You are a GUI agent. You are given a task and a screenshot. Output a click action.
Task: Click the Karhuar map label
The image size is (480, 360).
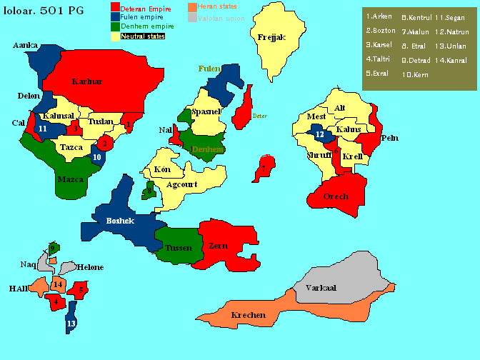point(87,82)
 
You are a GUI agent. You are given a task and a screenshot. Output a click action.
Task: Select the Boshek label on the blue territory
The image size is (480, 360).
point(120,221)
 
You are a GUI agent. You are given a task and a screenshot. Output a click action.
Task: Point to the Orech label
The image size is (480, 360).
point(336,197)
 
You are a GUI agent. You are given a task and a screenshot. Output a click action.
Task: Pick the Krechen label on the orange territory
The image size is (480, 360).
point(249,315)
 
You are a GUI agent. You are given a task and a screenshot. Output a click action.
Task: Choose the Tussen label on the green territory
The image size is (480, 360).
point(179,248)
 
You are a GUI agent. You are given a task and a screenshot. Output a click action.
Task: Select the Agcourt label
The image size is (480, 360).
point(181,184)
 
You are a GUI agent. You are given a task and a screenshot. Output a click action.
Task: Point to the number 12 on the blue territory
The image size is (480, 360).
point(320,134)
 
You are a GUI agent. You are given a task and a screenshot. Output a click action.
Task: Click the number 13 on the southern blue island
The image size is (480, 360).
point(71,324)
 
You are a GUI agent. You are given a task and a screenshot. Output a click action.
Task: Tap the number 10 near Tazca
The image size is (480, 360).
point(97,156)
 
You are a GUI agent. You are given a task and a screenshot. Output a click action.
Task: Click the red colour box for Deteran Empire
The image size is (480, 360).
point(116,7)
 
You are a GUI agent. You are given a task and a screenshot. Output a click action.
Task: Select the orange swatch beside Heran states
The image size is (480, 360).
point(192,7)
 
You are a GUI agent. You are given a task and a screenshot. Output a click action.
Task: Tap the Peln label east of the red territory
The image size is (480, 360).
point(390,138)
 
